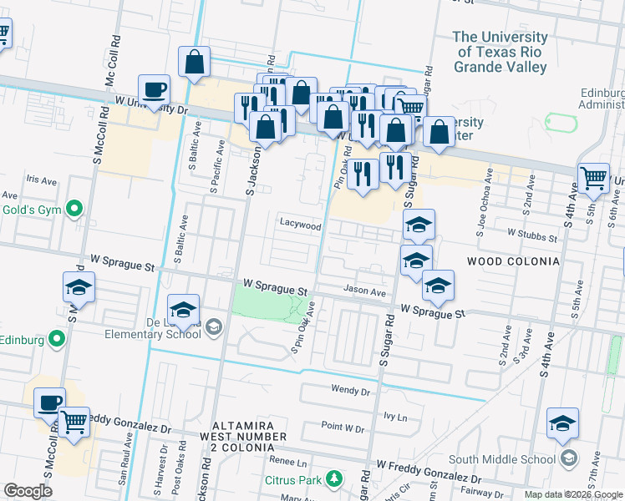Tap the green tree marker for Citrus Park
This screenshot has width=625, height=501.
[x=334, y=478]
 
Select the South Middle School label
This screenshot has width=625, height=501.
[x=501, y=458]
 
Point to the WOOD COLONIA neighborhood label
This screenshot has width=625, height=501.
[x=513, y=261]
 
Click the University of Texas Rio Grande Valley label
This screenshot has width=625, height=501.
[x=501, y=53]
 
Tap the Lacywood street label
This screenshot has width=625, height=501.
[x=300, y=225]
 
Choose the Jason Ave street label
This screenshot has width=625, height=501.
[x=365, y=292]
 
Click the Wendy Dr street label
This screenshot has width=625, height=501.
[x=350, y=390]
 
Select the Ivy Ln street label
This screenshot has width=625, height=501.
[x=394, y=416]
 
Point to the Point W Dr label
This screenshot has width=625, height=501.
[x=343, y=428]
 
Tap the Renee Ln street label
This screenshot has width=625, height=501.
[x=288, y=460]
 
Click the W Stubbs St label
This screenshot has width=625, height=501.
[x=531, y=237]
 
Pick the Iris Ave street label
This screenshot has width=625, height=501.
[x=41, y=180]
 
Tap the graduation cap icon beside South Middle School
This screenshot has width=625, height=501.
[x=563, y=423]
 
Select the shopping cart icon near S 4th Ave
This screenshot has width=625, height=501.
[x=592, y=177]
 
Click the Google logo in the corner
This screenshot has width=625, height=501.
[x=28, y=491]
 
